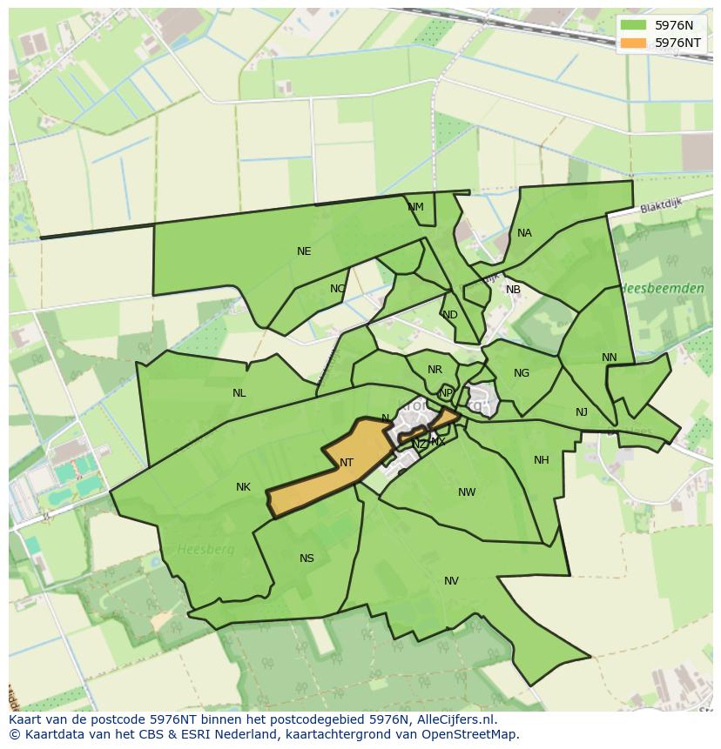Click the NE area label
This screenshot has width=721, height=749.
(x=304, y=251)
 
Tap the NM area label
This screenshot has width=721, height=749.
(x=415, y=207)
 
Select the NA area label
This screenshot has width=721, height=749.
(x=524, y=233)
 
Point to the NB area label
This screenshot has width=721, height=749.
(x=513, y=290)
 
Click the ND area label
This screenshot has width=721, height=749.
(x=449, y=315)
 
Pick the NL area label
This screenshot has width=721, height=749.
(x=239, y=393)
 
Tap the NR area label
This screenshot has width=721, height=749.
(x=435, y=370)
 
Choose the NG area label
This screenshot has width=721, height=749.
(x=522, y=373)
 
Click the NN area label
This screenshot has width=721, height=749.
(x=609, y=358)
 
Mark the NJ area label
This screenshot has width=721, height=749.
(x=582, y=412)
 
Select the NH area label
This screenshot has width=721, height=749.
(x=542, y=460)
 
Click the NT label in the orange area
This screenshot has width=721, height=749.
(x=347, y=463)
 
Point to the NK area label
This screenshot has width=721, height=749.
(x=243, y=487)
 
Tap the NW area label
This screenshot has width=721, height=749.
(x=467, y=492)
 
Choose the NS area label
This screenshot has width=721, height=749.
(x=307, y=558)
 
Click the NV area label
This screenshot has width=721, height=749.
(x=451, y=581)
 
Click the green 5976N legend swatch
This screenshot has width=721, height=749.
(x=633, y=25)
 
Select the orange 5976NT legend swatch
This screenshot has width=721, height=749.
(x=633, y=43)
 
